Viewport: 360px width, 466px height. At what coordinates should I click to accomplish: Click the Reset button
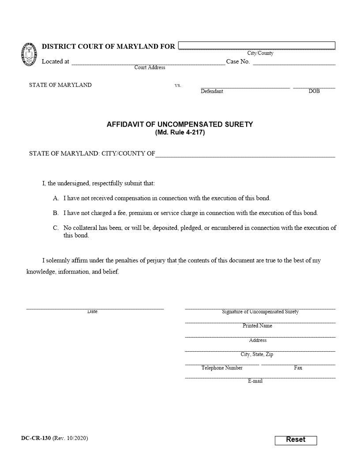point(296,440)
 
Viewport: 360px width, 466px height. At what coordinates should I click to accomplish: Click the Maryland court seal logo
point(29,54)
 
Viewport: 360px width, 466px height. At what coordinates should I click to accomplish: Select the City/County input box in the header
point(257,45)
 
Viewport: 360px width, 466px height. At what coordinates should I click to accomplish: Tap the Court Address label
point(150,68)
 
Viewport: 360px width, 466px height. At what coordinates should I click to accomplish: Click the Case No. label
point(238,61)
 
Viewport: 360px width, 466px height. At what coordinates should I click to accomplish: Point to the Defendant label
point(212,91)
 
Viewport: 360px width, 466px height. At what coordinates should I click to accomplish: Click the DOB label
point(314,91)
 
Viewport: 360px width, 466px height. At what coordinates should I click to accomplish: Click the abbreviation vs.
point(178,85)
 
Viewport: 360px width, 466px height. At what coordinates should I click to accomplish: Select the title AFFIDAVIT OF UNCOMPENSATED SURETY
point(180,124)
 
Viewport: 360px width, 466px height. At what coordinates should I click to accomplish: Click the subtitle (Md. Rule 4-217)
point(180,132)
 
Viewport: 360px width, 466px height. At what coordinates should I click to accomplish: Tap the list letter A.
point(56,199)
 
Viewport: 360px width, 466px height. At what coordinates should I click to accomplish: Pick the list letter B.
point(56,213)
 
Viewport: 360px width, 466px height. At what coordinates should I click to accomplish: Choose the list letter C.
point(56,228)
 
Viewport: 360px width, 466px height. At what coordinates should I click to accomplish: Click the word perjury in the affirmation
point(154,260)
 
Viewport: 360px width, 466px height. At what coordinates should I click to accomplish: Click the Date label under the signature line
point(92,312)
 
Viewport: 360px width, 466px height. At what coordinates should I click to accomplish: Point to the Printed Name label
point(257,326)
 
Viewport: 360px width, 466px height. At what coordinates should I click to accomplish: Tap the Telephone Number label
point(222,368)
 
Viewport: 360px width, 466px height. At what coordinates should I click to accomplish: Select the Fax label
point(298,368)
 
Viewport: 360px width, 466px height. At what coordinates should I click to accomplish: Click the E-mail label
point(255,381)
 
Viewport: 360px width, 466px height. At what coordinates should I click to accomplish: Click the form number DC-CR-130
point(36,438)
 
